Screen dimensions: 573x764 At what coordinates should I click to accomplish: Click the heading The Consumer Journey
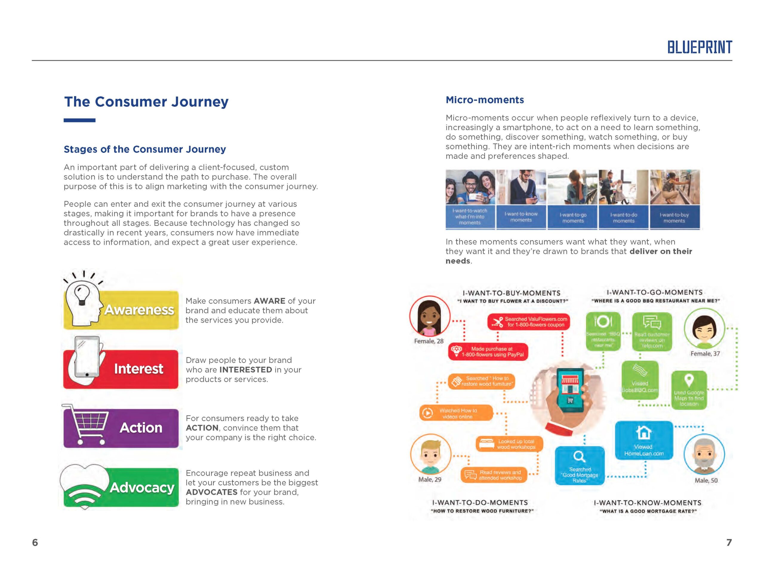coord(146,101)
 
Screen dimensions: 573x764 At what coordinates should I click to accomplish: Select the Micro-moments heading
coord(485,100)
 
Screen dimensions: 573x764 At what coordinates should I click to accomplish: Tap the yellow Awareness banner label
coord(139,310)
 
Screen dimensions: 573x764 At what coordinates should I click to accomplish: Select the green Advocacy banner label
coord(142,487)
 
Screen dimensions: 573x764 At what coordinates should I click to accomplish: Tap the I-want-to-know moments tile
coord(521,217)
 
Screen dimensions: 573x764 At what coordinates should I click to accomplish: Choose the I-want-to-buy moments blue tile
coord(674,217)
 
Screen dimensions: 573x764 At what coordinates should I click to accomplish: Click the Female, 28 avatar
coord(430,316)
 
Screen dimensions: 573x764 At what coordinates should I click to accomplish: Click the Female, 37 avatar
coord(704,329)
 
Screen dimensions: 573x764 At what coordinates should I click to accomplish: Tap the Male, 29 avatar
coord(430,455)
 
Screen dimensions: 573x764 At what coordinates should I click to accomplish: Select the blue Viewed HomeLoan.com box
coord(644,440)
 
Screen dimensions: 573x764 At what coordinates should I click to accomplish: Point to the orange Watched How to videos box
coord(456,413)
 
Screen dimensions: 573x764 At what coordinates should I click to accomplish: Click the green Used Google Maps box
coord(689,390)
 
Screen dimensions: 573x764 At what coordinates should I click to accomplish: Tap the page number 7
coord(729,543)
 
